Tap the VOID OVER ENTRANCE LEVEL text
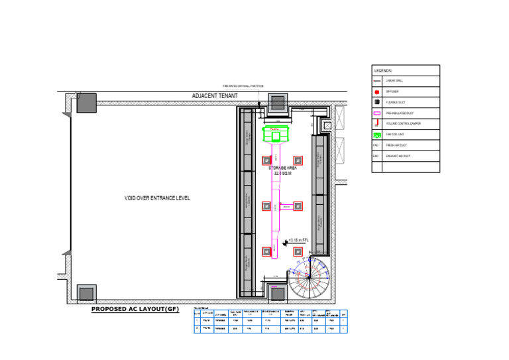coord(158,198)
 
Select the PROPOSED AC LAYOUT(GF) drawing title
coord(135,310)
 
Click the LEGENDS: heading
coord(384,70)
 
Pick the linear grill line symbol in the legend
coord(376,81)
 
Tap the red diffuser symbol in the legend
coord(376,91)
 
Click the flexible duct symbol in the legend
coord(376,102)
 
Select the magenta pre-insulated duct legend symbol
coord(376,113)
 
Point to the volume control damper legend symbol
coord(376,123)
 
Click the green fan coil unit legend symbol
coord(376,135)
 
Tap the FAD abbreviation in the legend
coord(376,145)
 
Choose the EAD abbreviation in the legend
coord(376,156)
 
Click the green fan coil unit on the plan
coord(278,135)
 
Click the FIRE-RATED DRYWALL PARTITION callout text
coord(243,86)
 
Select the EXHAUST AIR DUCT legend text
coord(398,156)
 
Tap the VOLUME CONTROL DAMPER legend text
coord(403,124)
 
